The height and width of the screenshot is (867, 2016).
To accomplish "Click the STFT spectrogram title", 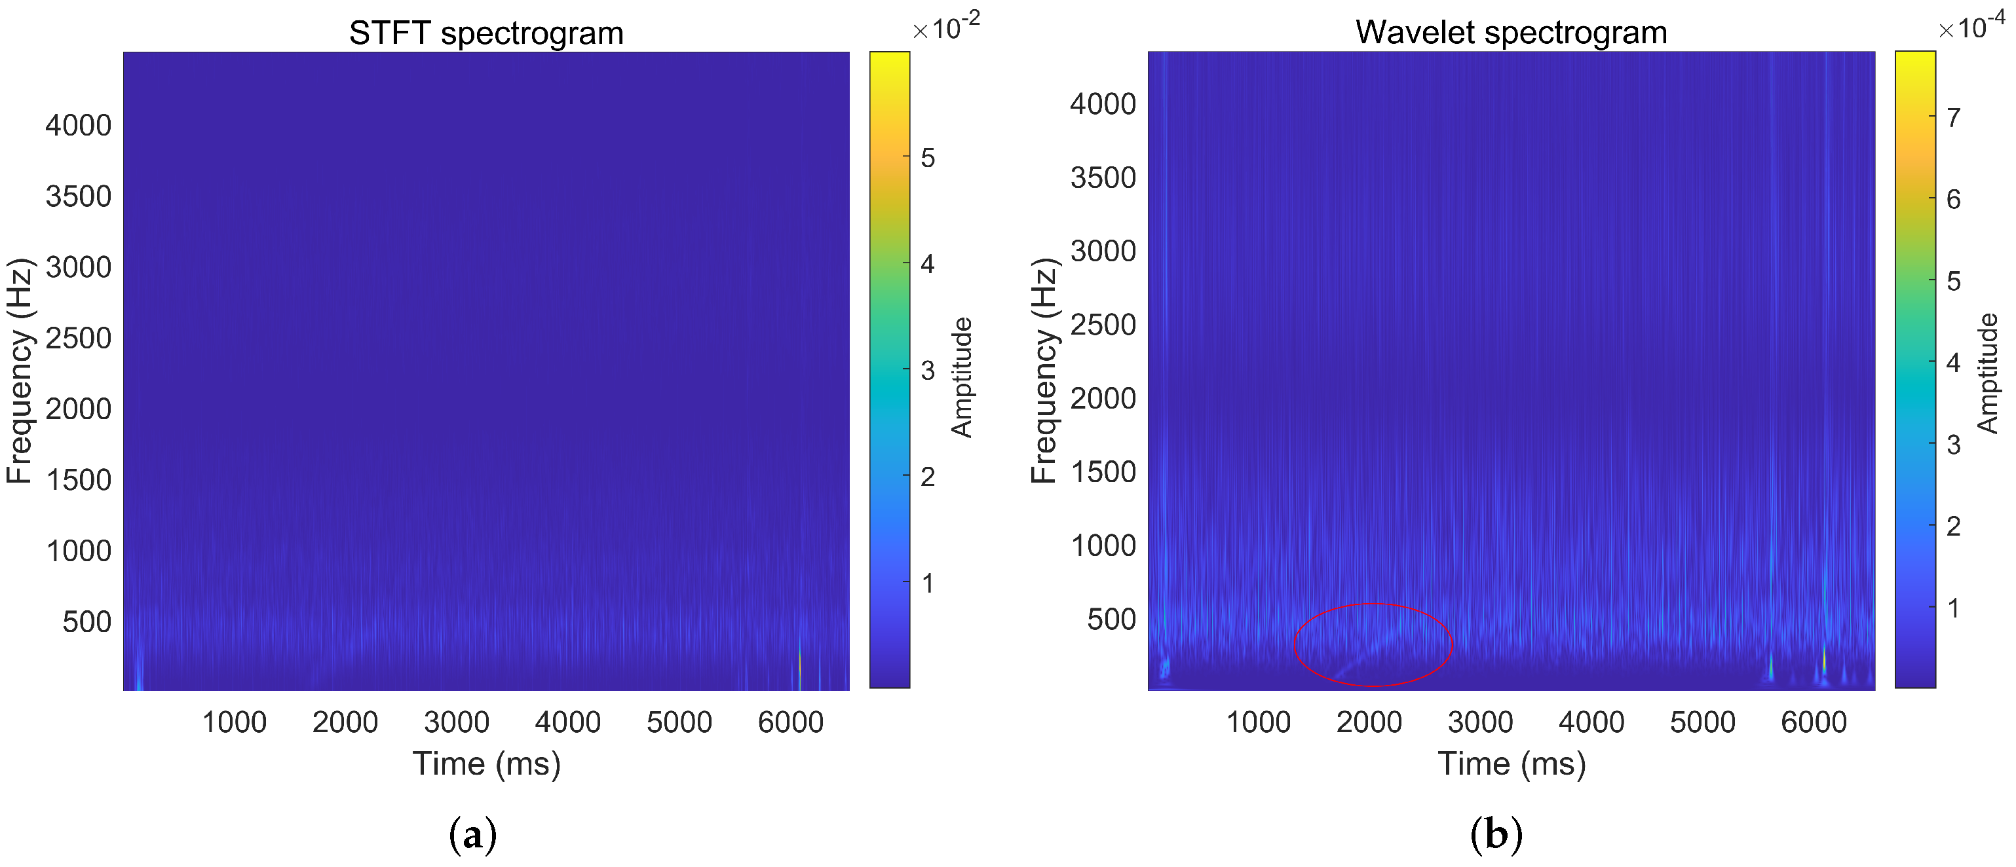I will click(486, 33).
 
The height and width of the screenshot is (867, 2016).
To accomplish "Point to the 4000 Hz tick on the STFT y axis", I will click(78, 125).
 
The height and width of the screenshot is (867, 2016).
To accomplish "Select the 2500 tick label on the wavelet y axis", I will click(1103, 325).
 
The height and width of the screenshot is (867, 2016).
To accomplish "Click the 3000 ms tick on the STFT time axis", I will click(456, 722).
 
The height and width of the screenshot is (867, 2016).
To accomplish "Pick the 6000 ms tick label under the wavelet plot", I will click(1814, 722).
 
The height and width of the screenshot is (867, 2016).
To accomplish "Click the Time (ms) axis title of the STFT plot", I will click(486, 763).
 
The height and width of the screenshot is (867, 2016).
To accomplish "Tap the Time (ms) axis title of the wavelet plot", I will click(1512, 763).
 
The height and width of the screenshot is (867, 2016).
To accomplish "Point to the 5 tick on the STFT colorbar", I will click(927, 158).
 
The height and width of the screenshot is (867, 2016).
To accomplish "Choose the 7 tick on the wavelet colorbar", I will click(1953, 117).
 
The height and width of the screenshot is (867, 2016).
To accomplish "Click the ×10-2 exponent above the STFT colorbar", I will click(945, 28).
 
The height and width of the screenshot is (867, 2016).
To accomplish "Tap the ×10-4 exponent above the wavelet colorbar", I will click(1971, 28).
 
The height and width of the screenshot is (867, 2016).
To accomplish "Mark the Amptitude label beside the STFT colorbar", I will click(962, 377).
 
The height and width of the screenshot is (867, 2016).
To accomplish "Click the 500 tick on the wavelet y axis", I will click(1111, 619).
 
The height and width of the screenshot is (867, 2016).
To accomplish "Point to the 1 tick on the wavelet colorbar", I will click(1953, 607).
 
